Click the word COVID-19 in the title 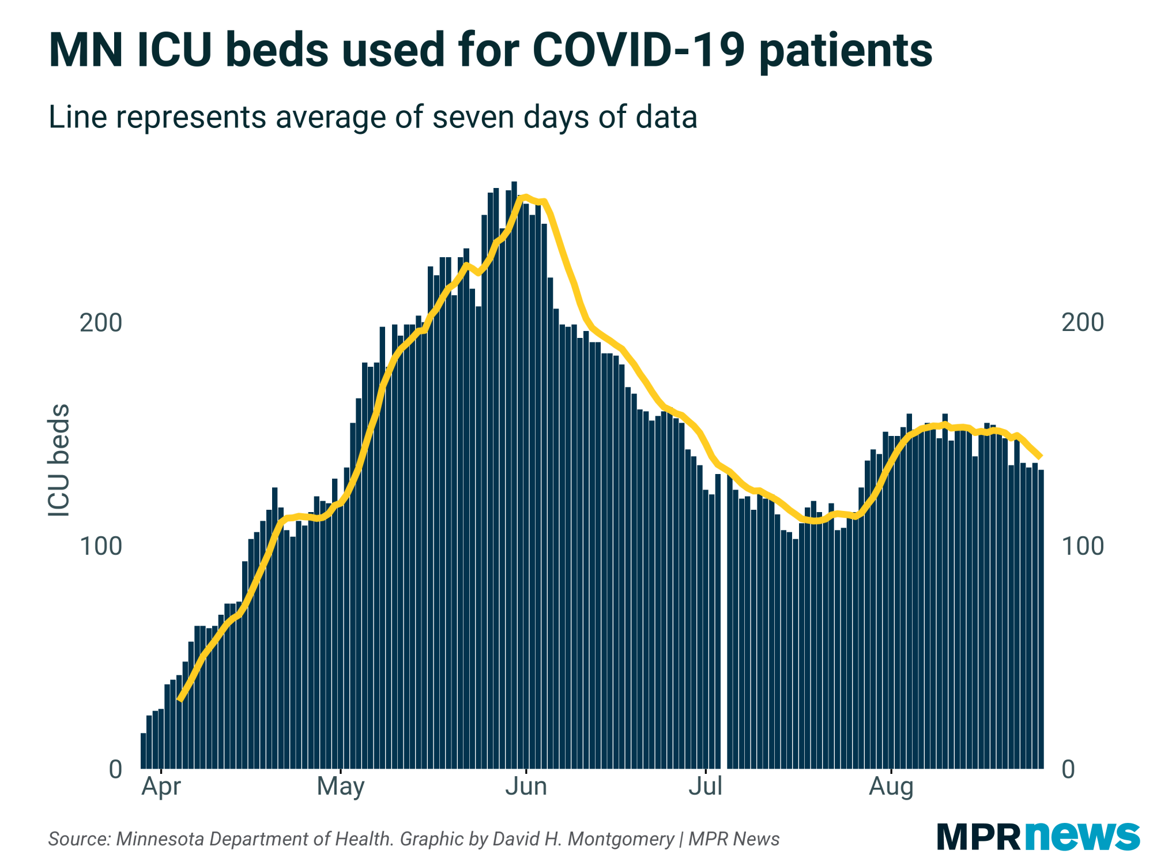639,51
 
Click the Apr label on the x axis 161,787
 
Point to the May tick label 341,787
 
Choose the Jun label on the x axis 526,787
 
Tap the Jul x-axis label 706,787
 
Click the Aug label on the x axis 891,787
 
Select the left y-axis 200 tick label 101,323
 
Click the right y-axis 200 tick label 1083,323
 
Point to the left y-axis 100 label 101,546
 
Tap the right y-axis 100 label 1083,546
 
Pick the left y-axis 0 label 115,769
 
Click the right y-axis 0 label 1068,769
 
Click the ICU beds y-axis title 59,460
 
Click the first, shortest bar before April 144,751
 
